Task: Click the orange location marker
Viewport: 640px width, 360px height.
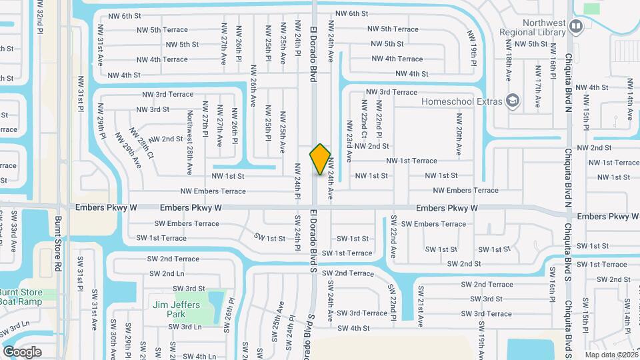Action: [x=320, y=159]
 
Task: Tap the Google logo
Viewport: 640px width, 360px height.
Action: [x=22, y=351]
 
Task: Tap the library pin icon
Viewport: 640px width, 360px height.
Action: [x=577, y=27]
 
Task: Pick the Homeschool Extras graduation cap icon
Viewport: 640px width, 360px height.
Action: [x=512, y=101]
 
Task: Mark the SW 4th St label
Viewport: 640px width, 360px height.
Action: [x=353, y=328]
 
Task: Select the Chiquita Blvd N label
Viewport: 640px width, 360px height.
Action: [x=568, y=81]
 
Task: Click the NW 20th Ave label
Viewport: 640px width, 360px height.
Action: [x=459, y=135]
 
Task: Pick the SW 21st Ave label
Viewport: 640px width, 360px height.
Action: [x=421, y=307]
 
